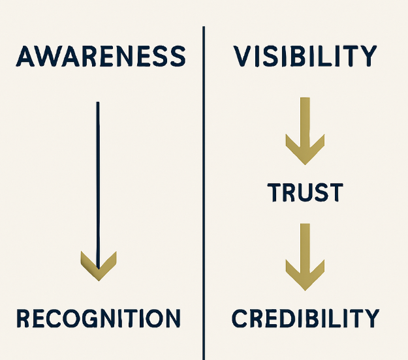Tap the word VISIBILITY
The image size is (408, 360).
tap(305, 57)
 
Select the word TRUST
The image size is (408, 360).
tap(305, 192)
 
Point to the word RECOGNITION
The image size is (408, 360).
tap(98, 319)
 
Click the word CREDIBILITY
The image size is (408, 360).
tap(305, 319)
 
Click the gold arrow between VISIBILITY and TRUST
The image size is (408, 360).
tap(305, 130)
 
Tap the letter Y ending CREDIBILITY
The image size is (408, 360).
tap(369, 319)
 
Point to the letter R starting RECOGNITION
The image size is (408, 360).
tap(23, 319)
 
